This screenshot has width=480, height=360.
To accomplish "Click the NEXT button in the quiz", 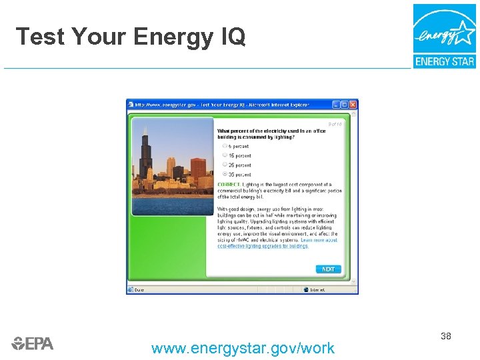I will click(328, 269).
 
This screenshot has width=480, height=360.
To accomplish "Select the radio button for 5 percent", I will click(225, 146).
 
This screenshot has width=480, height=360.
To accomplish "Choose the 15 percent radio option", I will click(225, 155).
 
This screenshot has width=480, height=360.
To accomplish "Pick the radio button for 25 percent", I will click(225, 165).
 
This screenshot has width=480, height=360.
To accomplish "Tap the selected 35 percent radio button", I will click(225, 174).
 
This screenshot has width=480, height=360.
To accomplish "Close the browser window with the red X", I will click(353, 105).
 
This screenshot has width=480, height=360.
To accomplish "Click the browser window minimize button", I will click(336, 105).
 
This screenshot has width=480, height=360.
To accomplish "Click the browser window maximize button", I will click(345, 105).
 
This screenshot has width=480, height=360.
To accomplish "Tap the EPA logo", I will click(32, 343).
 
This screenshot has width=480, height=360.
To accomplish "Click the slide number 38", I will click(446, 336).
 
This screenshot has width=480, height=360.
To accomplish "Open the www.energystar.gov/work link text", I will click(243, 348).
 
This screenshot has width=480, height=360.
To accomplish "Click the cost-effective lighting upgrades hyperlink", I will click(263, 246).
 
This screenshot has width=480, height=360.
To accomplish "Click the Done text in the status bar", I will click(139, 289).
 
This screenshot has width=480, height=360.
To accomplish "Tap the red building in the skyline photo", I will click(198, 169).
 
